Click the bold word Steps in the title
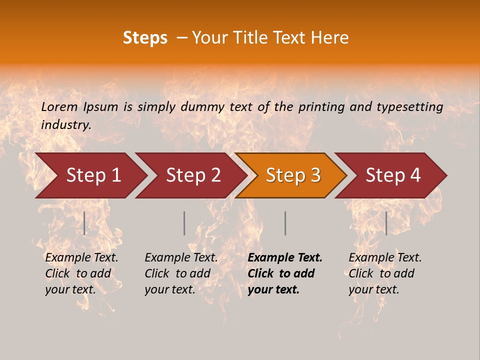click(x=145, y=38)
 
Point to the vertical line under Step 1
click(x=84, y=223)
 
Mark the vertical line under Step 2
click(x=184, y=223)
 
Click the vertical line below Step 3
click(x=285, y=223)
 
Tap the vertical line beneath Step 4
click(x=386, y=223)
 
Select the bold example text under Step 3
click(x=285, y=273)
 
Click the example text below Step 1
click(x=81, y=273)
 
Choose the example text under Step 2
click(x=181, y=273)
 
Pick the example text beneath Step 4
click(x=385, y=273)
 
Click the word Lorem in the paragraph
click(x=59, y=107)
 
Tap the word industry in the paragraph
click(x=66, y=125)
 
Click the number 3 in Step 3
click(x=315, y=175)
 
